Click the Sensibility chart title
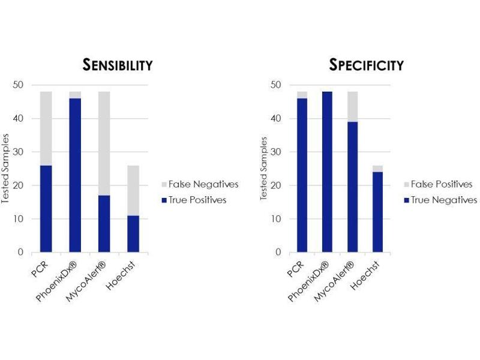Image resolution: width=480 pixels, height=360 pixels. [117, 65]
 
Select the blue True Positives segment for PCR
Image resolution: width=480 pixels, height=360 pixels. [46, 208]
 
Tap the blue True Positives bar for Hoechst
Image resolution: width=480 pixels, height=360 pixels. [133, 233]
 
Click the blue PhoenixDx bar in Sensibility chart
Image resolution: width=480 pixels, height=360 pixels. [75, 175]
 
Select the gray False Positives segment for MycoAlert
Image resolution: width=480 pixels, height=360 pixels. [353, 106]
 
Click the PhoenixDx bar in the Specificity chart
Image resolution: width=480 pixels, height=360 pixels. [328, 172]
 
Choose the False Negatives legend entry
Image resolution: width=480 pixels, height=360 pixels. [198, 184]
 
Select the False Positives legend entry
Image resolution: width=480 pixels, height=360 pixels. [443, 184]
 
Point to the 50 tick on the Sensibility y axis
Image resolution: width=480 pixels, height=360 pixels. [20, 85]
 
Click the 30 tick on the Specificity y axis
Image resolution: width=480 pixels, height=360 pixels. [277, 152]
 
